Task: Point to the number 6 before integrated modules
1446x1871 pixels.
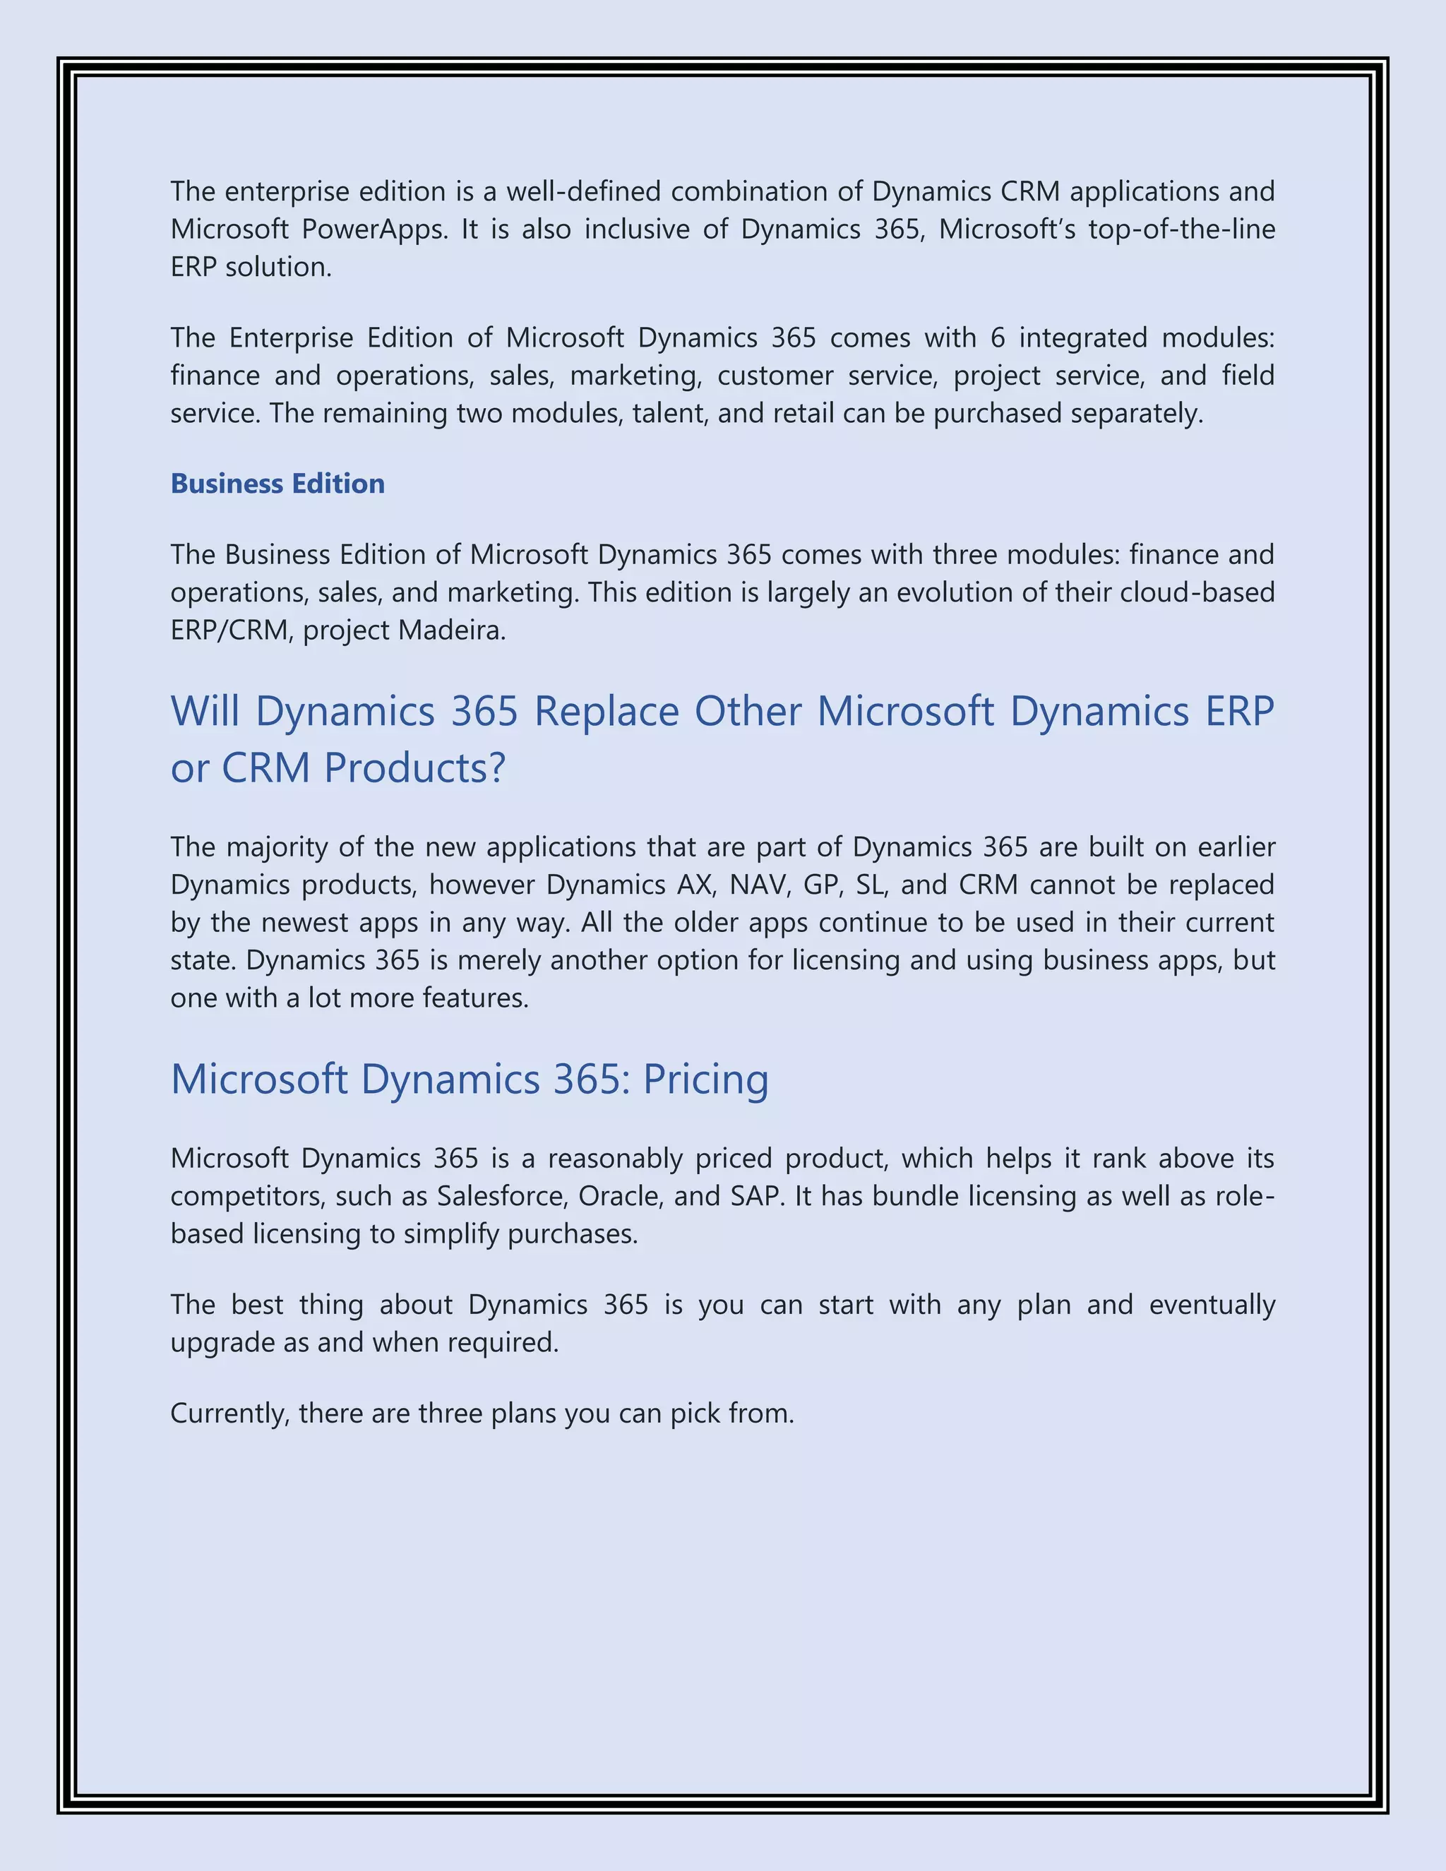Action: pos(997,338)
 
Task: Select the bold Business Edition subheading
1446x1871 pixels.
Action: pos(277,484)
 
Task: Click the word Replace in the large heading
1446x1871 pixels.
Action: pos(607,711)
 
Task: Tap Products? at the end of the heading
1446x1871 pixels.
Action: pos(414,767)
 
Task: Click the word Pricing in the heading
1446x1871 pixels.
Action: pos(705,1079)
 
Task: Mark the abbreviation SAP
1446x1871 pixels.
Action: pos(756,1196)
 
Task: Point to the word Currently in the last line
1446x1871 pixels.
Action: pos(229,1413)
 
